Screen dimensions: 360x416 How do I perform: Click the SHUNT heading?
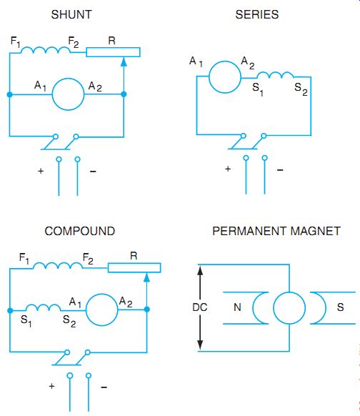click(71, 14)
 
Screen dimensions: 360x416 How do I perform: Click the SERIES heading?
click(257, 14)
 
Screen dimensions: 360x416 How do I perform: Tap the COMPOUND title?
click(80, 231)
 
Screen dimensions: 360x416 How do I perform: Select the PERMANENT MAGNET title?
click(276, 231)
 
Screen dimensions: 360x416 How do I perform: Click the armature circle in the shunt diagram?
click(52, 94)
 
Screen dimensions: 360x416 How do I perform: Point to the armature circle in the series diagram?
click(209, 77)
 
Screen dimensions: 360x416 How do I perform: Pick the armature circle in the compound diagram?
click(86, 309)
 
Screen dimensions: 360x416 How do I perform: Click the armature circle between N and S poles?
click(274, 308)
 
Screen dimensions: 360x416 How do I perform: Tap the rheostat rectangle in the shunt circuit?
click(113, 48)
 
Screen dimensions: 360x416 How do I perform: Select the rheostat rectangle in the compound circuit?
click(134, 264)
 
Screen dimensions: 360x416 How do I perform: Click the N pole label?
click(237, 307)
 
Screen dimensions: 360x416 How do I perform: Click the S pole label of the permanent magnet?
click(341, 307)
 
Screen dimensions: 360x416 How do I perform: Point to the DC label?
click(200, 307)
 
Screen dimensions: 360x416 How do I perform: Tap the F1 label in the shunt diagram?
click(16, 41)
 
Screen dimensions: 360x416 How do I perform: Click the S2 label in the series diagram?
click(301, 89)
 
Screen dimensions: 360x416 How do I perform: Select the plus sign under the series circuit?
click(228, 169)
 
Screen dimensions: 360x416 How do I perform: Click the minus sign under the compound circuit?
click(104, 387)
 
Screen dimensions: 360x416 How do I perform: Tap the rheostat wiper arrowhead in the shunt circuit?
click(124, 62)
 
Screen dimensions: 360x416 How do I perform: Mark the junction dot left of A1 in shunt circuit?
click(9, 94)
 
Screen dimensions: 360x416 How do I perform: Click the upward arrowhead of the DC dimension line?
click(201, 272)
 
